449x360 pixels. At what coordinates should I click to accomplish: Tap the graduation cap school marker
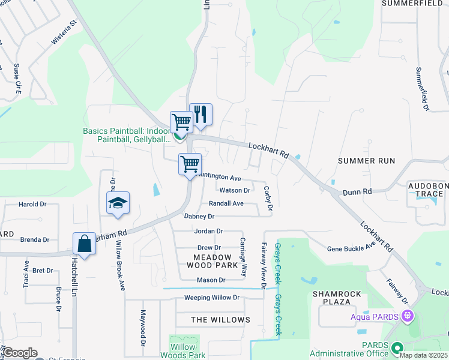118,203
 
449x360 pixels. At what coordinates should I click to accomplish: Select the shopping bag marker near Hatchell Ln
84,244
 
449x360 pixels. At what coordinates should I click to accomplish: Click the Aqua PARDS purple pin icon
408,315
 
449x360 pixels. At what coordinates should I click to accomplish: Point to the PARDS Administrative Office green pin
396,347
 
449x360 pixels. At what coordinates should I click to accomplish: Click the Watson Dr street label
235,190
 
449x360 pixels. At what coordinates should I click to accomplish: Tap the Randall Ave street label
226,203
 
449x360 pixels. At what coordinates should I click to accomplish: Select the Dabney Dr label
199,216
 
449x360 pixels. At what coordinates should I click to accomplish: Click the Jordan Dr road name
208,231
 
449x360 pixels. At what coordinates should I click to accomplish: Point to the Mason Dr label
211,280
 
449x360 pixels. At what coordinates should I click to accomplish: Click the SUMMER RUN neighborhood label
366,161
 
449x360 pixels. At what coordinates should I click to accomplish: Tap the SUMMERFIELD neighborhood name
415,4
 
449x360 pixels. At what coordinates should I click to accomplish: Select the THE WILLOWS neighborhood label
220,320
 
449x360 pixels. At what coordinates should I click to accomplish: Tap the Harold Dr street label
32,205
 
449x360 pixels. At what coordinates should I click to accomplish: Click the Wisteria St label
65,32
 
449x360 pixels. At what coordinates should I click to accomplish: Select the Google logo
20,353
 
